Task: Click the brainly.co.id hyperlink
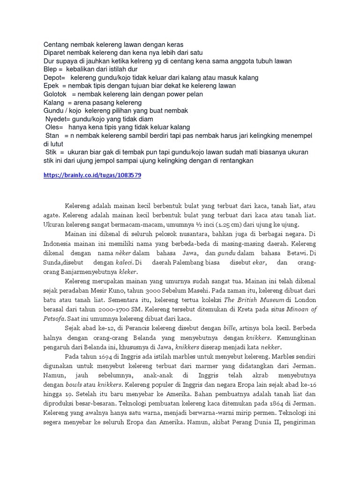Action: click(92, 175)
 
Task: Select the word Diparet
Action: click(55, 52)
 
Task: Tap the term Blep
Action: click(50, 69)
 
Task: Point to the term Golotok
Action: click(56, 94)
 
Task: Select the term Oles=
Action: click(54, 127)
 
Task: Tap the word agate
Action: click(52, 216)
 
